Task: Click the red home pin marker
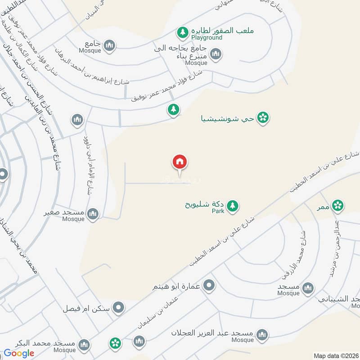(180, 162)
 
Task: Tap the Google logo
(19, 353)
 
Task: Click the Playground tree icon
(182, 32)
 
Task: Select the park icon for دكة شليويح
(232, 206)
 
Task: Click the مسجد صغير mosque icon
(93, 214)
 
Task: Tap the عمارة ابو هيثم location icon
(209, 284)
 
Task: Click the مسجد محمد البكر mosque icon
(83, 345)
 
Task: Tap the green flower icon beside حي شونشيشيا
(263, 118)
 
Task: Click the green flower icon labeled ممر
(337, 206)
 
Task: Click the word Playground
(208, 38)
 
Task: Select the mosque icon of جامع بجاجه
(216, 55)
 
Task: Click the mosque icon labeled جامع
(109, 45)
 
